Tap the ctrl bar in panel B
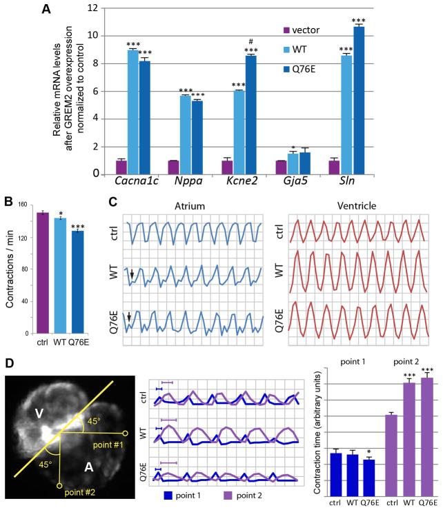pos(43,272)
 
